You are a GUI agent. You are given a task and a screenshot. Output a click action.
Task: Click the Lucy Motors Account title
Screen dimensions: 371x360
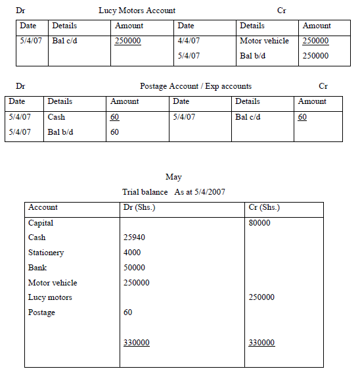coord(137,11)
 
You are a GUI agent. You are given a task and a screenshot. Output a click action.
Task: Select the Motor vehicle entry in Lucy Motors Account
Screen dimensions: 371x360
coord(264,41)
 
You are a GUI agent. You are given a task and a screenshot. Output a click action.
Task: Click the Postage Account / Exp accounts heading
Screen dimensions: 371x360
coord(195,86)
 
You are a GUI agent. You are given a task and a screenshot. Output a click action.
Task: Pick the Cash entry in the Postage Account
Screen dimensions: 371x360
coord(56,117)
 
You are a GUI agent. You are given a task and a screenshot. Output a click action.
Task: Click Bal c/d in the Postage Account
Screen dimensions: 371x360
coord(248,117)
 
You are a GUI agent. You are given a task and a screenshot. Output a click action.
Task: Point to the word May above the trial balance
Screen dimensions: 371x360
coord(174,177)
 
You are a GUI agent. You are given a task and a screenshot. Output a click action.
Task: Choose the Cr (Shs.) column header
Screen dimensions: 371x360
coord(264,207)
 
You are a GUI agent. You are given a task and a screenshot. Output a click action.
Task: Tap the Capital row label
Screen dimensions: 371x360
coord(41,223)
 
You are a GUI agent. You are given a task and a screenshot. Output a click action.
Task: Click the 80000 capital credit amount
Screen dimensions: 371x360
coord(259,223)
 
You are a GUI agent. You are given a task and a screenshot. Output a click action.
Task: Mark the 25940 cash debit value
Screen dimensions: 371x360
coord(134,237)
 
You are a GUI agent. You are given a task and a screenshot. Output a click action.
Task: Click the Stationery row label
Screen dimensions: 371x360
coord(46,253)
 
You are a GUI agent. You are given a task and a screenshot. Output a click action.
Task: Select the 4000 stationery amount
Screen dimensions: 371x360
coord(132,253)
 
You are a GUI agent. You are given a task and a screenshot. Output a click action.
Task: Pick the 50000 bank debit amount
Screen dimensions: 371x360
coord(134,268)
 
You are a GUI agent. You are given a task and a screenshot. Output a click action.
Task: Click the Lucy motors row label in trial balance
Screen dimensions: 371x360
coord(50,297)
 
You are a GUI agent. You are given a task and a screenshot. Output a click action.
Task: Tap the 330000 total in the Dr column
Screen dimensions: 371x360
coord(136,343)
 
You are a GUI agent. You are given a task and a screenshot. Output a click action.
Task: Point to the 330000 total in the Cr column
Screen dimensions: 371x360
coord(262,343)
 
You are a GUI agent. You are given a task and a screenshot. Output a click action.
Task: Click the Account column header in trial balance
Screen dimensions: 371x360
coord(43,207)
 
